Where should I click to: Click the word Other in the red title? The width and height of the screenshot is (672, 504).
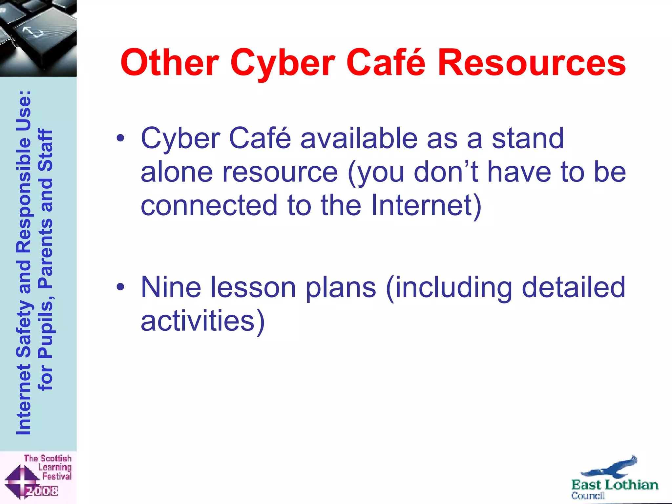(170, 62)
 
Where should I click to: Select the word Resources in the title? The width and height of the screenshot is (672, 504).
(532, 62)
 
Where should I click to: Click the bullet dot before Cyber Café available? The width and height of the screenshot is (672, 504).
(120, 138)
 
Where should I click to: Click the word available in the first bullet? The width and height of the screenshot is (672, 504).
(359, 138)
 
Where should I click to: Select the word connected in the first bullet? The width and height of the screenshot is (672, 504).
(209, 205)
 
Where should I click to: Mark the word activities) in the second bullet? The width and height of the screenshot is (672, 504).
(202, 321)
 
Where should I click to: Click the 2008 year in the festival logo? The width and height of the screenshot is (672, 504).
(42, 491)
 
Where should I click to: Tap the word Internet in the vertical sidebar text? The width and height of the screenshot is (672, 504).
(24, 400)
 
